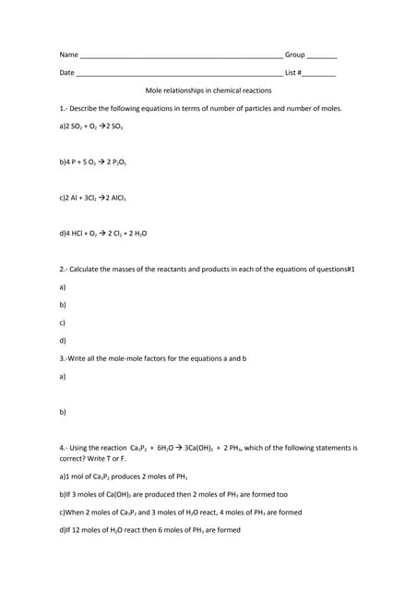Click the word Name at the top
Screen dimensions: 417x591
(x=68, y=55)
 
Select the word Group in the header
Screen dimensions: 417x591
(x=295, y=55)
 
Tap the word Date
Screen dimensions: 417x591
(x=66, y=73)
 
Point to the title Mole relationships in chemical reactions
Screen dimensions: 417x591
(x=208, y=90)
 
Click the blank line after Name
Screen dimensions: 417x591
(x=181, y=57)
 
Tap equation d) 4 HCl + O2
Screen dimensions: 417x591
(x=102, y=233)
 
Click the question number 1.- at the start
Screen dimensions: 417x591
(x=63, y=108)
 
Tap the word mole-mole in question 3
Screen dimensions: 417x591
(x=120, y=358)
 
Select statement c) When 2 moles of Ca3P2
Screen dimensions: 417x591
(x=180, y=513)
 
